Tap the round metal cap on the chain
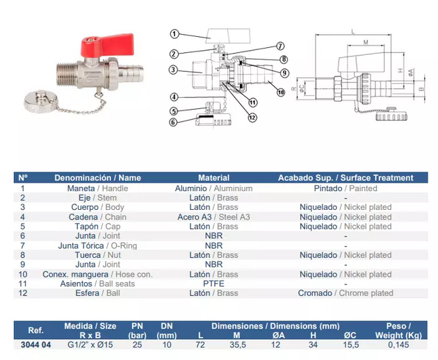coord(41,101)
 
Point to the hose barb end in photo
coord(131,72)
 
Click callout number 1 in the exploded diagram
coord(175,34)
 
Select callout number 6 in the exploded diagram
coord(173,122)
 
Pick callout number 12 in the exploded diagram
coord(252,117)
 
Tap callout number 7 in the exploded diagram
coord(280,46)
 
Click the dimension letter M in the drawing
coord(366,42)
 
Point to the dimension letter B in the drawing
coord(421,90)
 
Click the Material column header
coord(213,178)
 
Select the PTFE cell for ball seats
coord(213,284)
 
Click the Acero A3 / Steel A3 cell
coord(213,217)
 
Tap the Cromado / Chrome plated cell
coord(346,293)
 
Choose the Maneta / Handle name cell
coord(97,188)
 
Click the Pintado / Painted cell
coord(346,188)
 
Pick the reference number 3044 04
coord(35,345)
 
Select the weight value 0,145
coord(398,345)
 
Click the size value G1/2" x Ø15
coord(90,345)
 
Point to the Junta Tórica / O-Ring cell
coord(97,246)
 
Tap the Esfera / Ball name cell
coord(97,293)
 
